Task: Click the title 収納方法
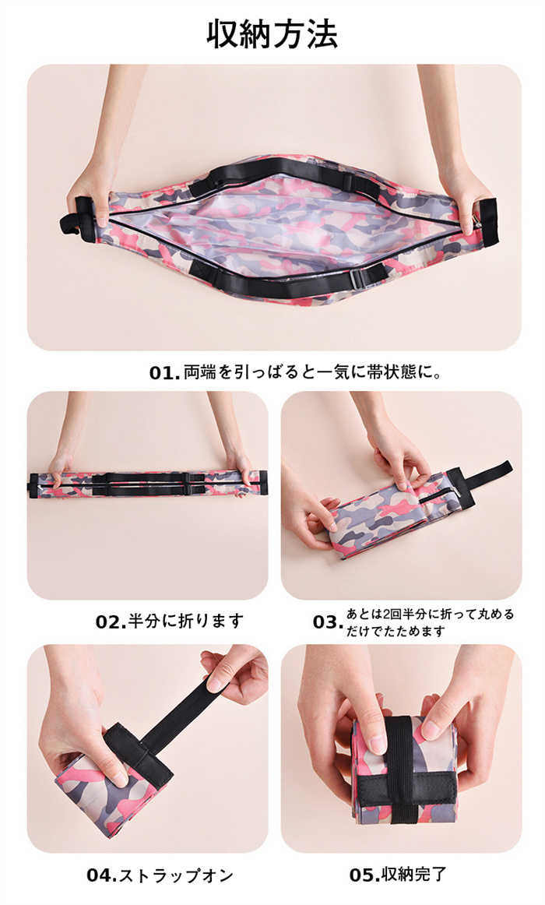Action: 272,34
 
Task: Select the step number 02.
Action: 110,622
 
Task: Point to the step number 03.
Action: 328,622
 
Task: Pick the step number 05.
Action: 364,875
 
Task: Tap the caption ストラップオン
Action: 176,875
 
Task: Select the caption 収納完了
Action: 414,875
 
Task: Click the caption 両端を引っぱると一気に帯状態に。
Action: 313,372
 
